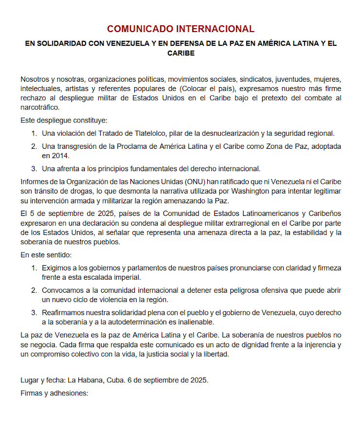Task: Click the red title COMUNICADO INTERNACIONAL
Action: click(x=180, y=29)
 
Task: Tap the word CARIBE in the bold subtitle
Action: click(x=181, y=53)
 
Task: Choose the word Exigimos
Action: click(x=57, y=268)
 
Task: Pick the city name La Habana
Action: click(x=83, y=380)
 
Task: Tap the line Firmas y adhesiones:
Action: click(x=54, y=393)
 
